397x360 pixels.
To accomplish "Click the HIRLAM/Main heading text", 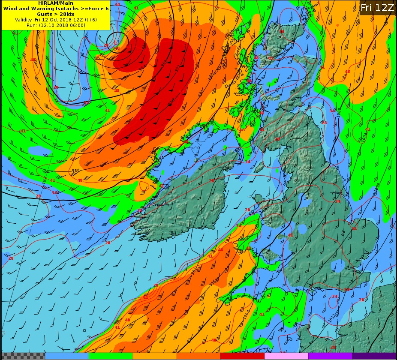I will coord(56,3).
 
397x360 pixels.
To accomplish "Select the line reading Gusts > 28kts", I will coord(56,14).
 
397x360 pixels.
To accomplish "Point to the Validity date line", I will coord(56,20).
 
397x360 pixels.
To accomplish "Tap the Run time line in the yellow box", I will coord(56,25).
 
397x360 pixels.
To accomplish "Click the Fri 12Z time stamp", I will coord(377,8).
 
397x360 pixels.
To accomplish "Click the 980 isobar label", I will coord(75,171).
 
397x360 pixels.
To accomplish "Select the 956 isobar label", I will coord(103,56).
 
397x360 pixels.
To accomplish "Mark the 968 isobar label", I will coord(165,63).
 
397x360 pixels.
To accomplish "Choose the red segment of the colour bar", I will coord(242,356).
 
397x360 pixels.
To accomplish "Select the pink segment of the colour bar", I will coord(286,356).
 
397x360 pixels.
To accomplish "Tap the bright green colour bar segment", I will coord(111,356).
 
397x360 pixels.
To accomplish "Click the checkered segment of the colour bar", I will coord(23,356).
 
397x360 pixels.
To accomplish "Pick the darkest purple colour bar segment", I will coord(374,356).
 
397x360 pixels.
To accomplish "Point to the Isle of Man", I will coord(259,167).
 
